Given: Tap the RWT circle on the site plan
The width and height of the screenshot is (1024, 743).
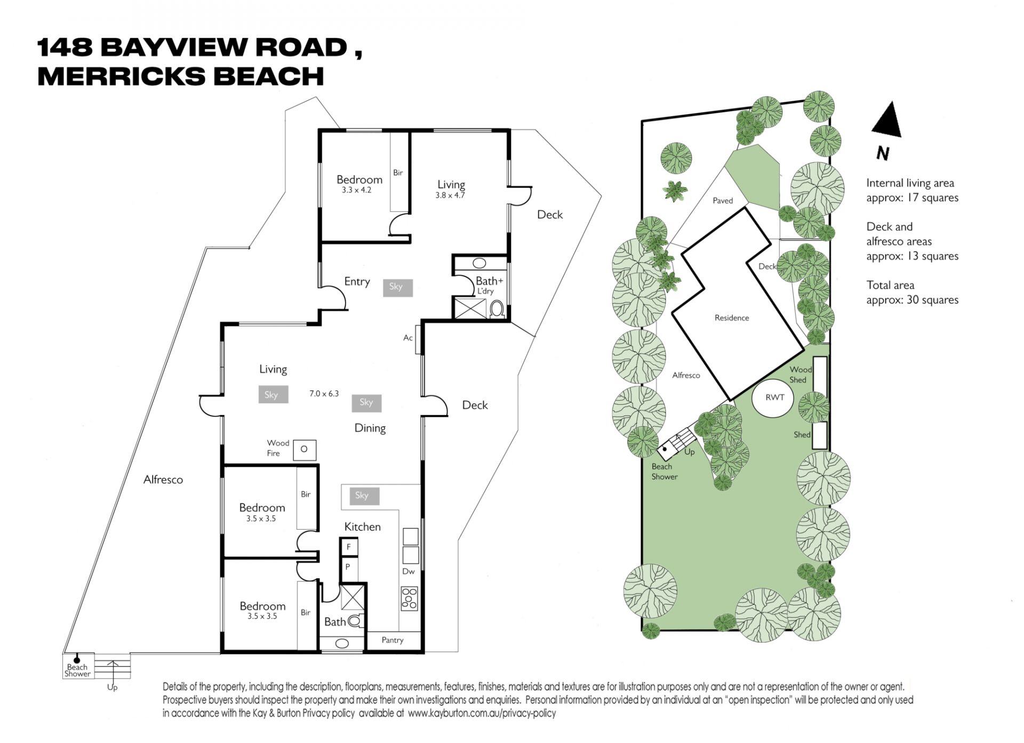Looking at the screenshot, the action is coord(772,398).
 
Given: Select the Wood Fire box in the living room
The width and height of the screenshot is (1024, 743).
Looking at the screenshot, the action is coord(305,450).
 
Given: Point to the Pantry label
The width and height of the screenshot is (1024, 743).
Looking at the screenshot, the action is coord(393,640).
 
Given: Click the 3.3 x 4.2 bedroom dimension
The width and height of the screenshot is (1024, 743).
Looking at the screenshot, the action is coord(357,190).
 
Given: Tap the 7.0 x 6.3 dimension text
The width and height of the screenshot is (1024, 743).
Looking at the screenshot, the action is coord(324,394).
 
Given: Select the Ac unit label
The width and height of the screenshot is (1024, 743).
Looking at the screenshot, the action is coord(408,338).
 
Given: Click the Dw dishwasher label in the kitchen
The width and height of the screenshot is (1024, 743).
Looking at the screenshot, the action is coord(409,571).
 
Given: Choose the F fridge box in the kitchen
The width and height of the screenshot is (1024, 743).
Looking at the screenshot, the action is coord(349,547).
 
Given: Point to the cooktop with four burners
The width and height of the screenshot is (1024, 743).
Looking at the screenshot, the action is coord(410,598).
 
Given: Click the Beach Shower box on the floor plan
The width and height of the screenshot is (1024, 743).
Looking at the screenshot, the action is coord(78,666).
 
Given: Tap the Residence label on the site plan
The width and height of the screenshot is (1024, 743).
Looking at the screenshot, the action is coord(732,318).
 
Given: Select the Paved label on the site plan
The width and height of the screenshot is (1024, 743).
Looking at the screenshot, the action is coord(723,201).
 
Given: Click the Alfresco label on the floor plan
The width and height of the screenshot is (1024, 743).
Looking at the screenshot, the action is coord(163,480).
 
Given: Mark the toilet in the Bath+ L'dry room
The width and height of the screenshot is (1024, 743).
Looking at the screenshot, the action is coord(497,309).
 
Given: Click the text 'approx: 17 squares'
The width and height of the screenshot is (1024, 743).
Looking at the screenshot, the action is coord(912,198).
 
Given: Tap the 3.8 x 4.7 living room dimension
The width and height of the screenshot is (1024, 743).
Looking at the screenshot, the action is coord(450,195).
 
